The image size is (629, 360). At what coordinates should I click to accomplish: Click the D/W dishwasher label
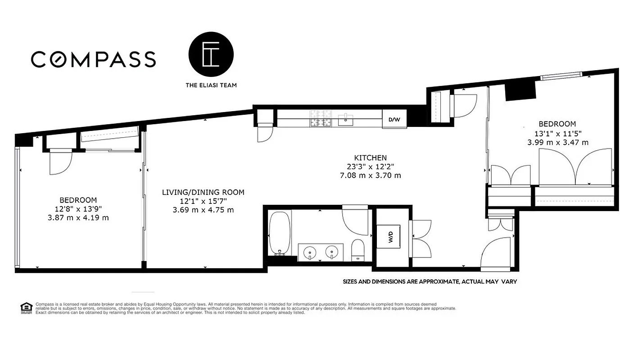(x=394, y=120)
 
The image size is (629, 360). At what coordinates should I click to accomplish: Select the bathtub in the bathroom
(x=280, y=234)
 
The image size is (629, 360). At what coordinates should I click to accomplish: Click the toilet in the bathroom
(x=358, y=250)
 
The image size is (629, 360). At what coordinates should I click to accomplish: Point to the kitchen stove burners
(x=320, y=119)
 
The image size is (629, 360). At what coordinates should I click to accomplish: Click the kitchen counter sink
(x=346, y=118)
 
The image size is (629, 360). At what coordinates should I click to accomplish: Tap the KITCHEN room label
(x=370, y=158)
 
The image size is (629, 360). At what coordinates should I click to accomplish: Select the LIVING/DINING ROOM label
(x=203, y=193)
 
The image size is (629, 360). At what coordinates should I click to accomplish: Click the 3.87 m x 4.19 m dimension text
(x=78, y=218)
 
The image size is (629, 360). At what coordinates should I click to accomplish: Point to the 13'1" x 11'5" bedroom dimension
(x=557, y=134)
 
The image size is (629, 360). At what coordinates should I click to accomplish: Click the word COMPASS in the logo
(x=94, y=59)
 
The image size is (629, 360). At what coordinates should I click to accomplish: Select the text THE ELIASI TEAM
(x=211, y=85)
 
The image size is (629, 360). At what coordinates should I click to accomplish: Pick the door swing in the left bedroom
(x=60, y=161)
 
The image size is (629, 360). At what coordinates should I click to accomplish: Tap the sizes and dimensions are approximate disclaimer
(x=430, y=282)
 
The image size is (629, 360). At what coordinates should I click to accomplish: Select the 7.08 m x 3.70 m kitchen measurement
(x=370, y=175)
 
